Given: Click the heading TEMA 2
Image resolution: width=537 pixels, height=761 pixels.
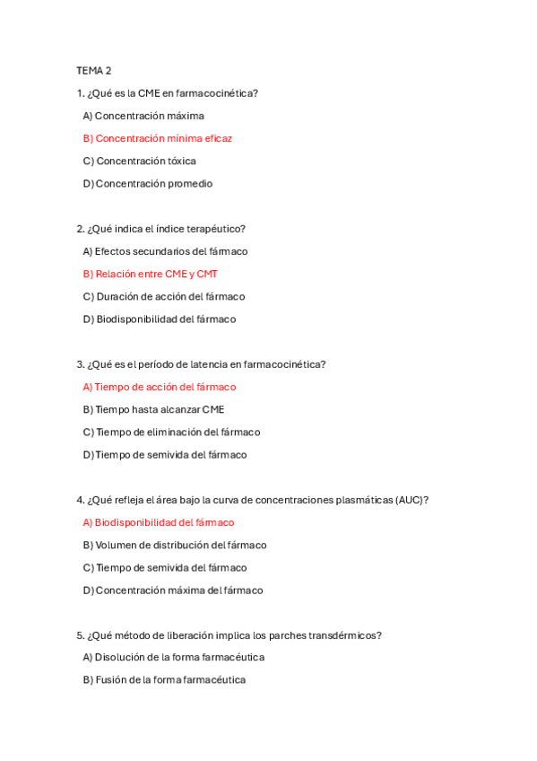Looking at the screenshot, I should pos(93,70).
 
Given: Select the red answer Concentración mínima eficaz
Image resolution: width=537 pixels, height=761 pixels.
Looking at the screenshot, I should pos(158,138).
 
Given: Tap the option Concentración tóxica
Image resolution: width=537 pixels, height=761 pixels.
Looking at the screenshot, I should pos(139,161).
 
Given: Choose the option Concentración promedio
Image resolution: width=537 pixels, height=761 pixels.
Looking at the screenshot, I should pos(148,183).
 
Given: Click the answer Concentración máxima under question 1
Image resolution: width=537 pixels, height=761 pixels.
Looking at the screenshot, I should pos(143,116).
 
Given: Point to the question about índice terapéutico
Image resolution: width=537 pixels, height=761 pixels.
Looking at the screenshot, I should pos(161,229).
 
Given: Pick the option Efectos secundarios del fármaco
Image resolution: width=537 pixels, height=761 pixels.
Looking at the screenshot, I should pos(165,251).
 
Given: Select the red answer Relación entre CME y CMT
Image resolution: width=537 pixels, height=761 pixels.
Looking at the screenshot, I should pos(151,274).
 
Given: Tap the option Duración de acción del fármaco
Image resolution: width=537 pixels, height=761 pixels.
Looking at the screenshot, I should pos(163,296).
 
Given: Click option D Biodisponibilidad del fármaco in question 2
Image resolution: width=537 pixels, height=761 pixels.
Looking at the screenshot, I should pos(160,319).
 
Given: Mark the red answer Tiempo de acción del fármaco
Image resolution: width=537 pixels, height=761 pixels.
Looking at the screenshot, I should pos(160,387).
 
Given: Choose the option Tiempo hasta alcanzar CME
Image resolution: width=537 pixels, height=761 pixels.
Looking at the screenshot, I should pos(153,409).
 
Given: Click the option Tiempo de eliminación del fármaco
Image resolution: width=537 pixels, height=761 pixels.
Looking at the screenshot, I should pos(171,432).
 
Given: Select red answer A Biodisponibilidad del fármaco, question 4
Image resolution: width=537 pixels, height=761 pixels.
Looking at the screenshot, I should pos(159,522).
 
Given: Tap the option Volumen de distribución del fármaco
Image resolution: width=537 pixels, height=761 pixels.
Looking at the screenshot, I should pos(175,545).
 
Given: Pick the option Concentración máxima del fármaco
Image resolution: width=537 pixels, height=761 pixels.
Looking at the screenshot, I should pos(173,590).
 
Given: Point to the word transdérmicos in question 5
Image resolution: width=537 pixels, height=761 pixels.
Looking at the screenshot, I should pos(348,635).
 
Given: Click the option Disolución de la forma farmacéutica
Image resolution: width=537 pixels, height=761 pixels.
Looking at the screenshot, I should pos(174,657).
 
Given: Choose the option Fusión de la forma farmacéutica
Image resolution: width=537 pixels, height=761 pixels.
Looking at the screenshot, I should pos(164,679).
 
